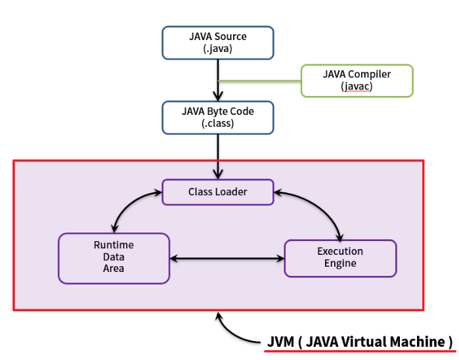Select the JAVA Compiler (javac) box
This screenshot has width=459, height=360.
click(x=357, y=80)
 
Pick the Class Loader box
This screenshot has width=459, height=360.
click(x=217, y=192)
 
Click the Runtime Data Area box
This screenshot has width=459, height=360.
click(x=114, y=258)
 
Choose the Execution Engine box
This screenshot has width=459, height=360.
click(x=339, y=258)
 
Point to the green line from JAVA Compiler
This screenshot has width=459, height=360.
click(x=259, y=81)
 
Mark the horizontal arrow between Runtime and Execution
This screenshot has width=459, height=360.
click(x=227, y=258)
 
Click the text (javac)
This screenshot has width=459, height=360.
click(x=357, y=87)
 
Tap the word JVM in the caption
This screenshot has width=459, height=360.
click(x=281, y=342)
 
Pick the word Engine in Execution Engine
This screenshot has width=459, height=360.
click(x=339, y=263)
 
